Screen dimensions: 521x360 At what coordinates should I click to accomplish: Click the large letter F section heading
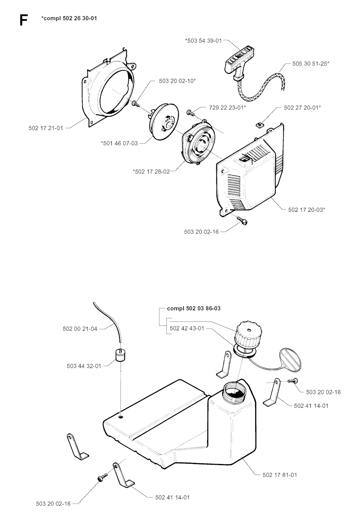tap(23, 20)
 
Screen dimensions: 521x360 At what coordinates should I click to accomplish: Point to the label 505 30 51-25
tap(311, 64)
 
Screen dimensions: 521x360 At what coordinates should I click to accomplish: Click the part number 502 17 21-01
tap(46, 128)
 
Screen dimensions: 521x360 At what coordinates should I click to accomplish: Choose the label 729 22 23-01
tap(227, 108)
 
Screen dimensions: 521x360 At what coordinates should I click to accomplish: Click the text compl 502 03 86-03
tap(194, 309)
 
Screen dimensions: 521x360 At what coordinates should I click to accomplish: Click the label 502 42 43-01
tap(187, 328)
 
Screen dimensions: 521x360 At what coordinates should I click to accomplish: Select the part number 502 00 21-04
tap(80, 329)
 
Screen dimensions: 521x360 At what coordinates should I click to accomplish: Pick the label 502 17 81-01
tap(280, 475)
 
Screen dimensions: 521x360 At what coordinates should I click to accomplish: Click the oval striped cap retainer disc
tap(290, 359)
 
